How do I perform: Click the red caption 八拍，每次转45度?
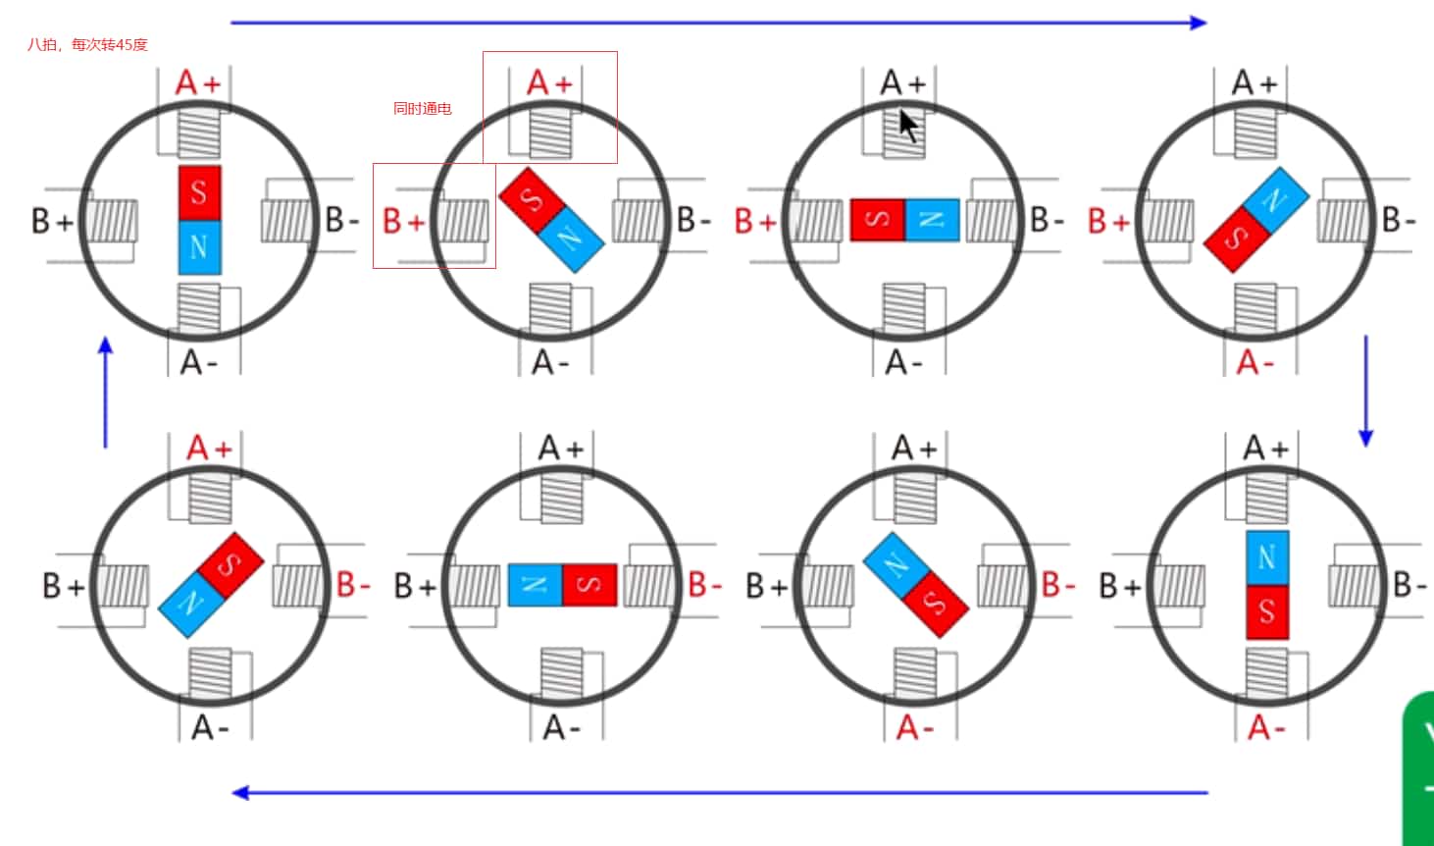click(87, 44)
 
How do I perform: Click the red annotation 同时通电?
click(422, 108)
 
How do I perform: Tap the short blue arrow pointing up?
click(106, 392)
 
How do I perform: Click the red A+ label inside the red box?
click(549, 83)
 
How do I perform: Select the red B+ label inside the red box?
click(403, 221)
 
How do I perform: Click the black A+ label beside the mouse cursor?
click(902, 83)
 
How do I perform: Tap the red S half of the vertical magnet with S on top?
click(199, 192)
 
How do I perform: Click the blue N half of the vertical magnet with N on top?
click(1266, 558)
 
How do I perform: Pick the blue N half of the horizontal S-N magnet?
click(931, 220)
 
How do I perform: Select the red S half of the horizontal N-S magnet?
click(589, 585)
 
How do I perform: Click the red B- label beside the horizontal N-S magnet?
click(704, 585)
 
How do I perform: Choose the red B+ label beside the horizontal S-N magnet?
click(755, 221)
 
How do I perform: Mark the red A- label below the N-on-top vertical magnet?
click(1266, 727)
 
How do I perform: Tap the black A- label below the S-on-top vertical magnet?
click(198, 362)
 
